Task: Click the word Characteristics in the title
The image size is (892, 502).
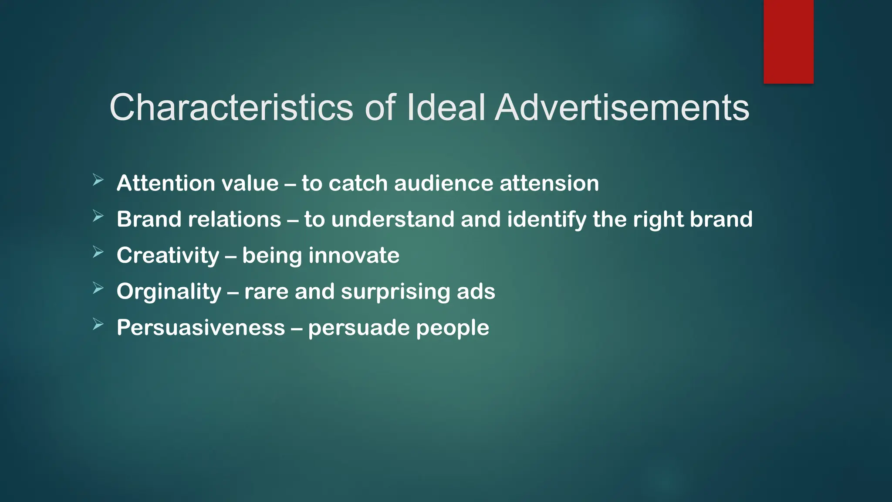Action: click(231, 107)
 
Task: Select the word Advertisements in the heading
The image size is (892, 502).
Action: click(622, 107)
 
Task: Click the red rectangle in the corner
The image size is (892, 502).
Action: click(788, 41)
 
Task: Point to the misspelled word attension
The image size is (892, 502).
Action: click(549, 183)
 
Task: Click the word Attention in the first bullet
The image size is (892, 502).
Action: click(160, 183)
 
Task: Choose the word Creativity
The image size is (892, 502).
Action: click(168, 255)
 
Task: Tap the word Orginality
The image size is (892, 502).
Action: click(169, 292)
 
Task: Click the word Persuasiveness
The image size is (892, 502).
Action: click(201, 328)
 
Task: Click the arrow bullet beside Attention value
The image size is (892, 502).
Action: click(98, 180)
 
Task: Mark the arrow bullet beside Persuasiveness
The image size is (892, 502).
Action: click(98, 324)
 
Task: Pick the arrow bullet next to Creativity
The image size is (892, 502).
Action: click(98, 252)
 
